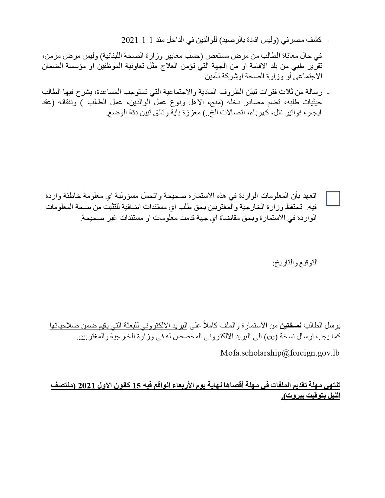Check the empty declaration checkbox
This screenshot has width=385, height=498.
[x=333, y=199]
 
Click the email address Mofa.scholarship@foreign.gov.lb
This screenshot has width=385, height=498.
[x=280, y=353]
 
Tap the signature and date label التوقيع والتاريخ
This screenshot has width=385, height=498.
[x=295, y=263]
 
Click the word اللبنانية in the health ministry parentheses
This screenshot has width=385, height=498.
[x=115, y=56]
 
